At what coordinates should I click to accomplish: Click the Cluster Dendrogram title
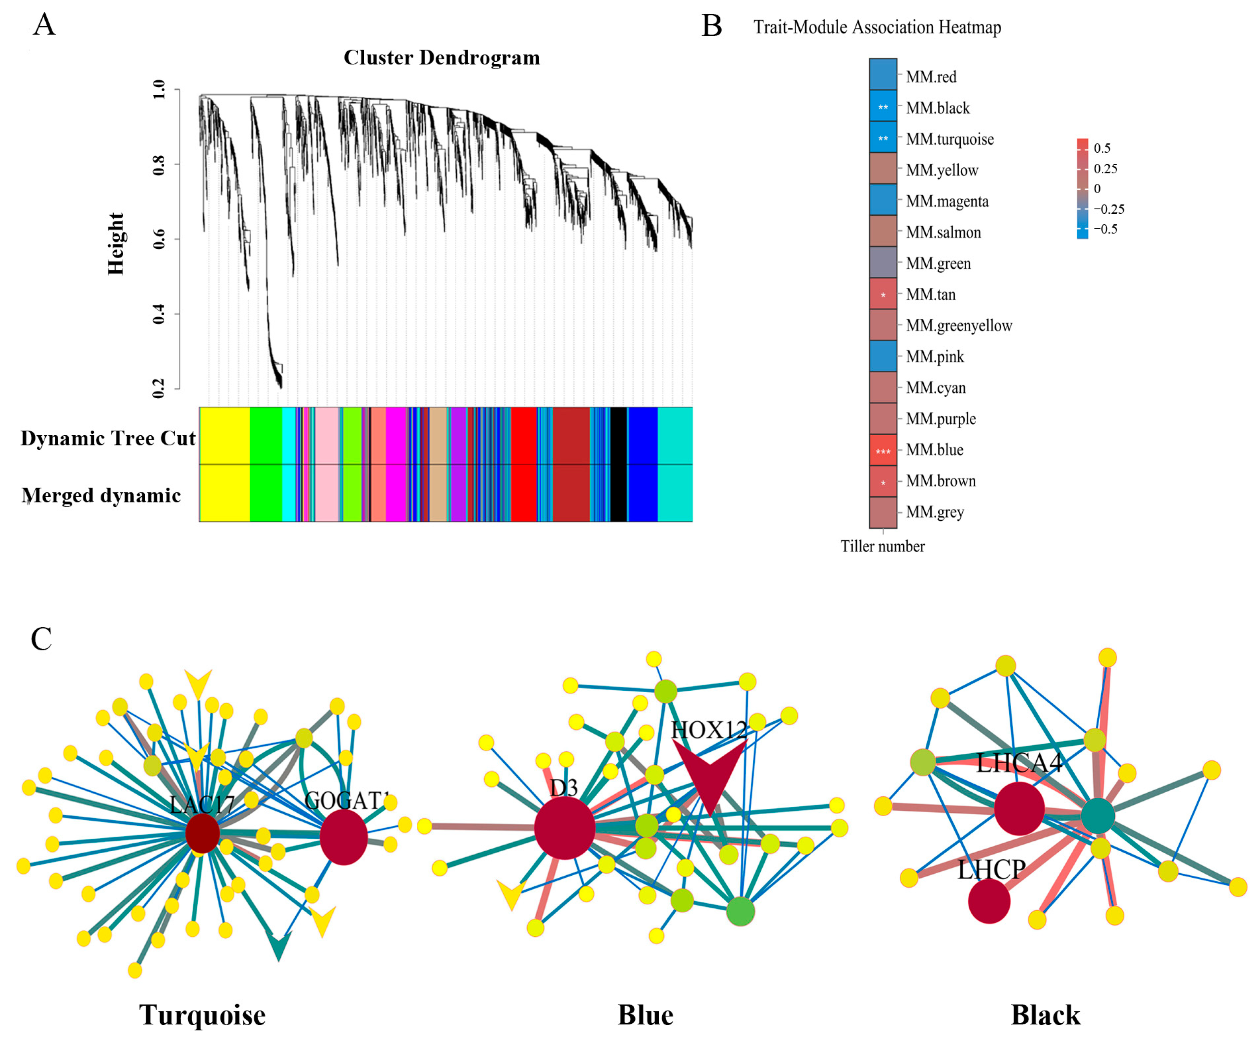pyautogui.click(x=441, y=57)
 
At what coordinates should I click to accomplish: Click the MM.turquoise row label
pyautogui.click(x=949, y=139)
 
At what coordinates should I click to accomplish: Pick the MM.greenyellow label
pyautogui.click(x=958, y=326)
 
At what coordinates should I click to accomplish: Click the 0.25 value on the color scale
pyautogui.click(x=1105, y=169)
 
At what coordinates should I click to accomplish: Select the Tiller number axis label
pyautogui.click(x=882, y=546)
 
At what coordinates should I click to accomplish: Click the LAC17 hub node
pyautogui.click(x=202, y=833)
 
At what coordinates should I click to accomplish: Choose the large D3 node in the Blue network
pyautogui.click(x=564, y=828)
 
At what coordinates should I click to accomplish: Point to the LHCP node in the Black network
pyautogui.click(x=989, y=901)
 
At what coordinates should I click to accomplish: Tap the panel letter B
pyautogui.click(x=711, y=26)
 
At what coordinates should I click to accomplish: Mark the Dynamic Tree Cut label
pyautogui.click(x=108, y=438)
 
